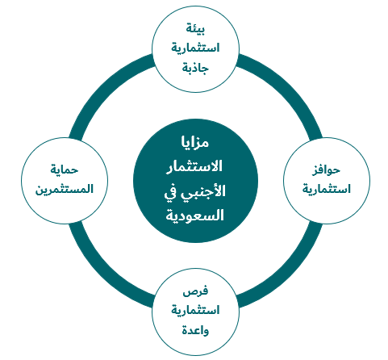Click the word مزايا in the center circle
coord(195,142)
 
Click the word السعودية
coord(194,216)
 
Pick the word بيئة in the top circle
coord(195,29)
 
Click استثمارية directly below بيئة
coord(195,48)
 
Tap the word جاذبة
coord(195,67)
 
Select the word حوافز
coord(326,170)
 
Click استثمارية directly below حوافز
coord(327,189)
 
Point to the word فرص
coord(195,291)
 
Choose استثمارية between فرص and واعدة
coord(195,310)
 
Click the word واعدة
coord(195,330)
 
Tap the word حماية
coord(65,170)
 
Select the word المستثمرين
coord(65,189)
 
